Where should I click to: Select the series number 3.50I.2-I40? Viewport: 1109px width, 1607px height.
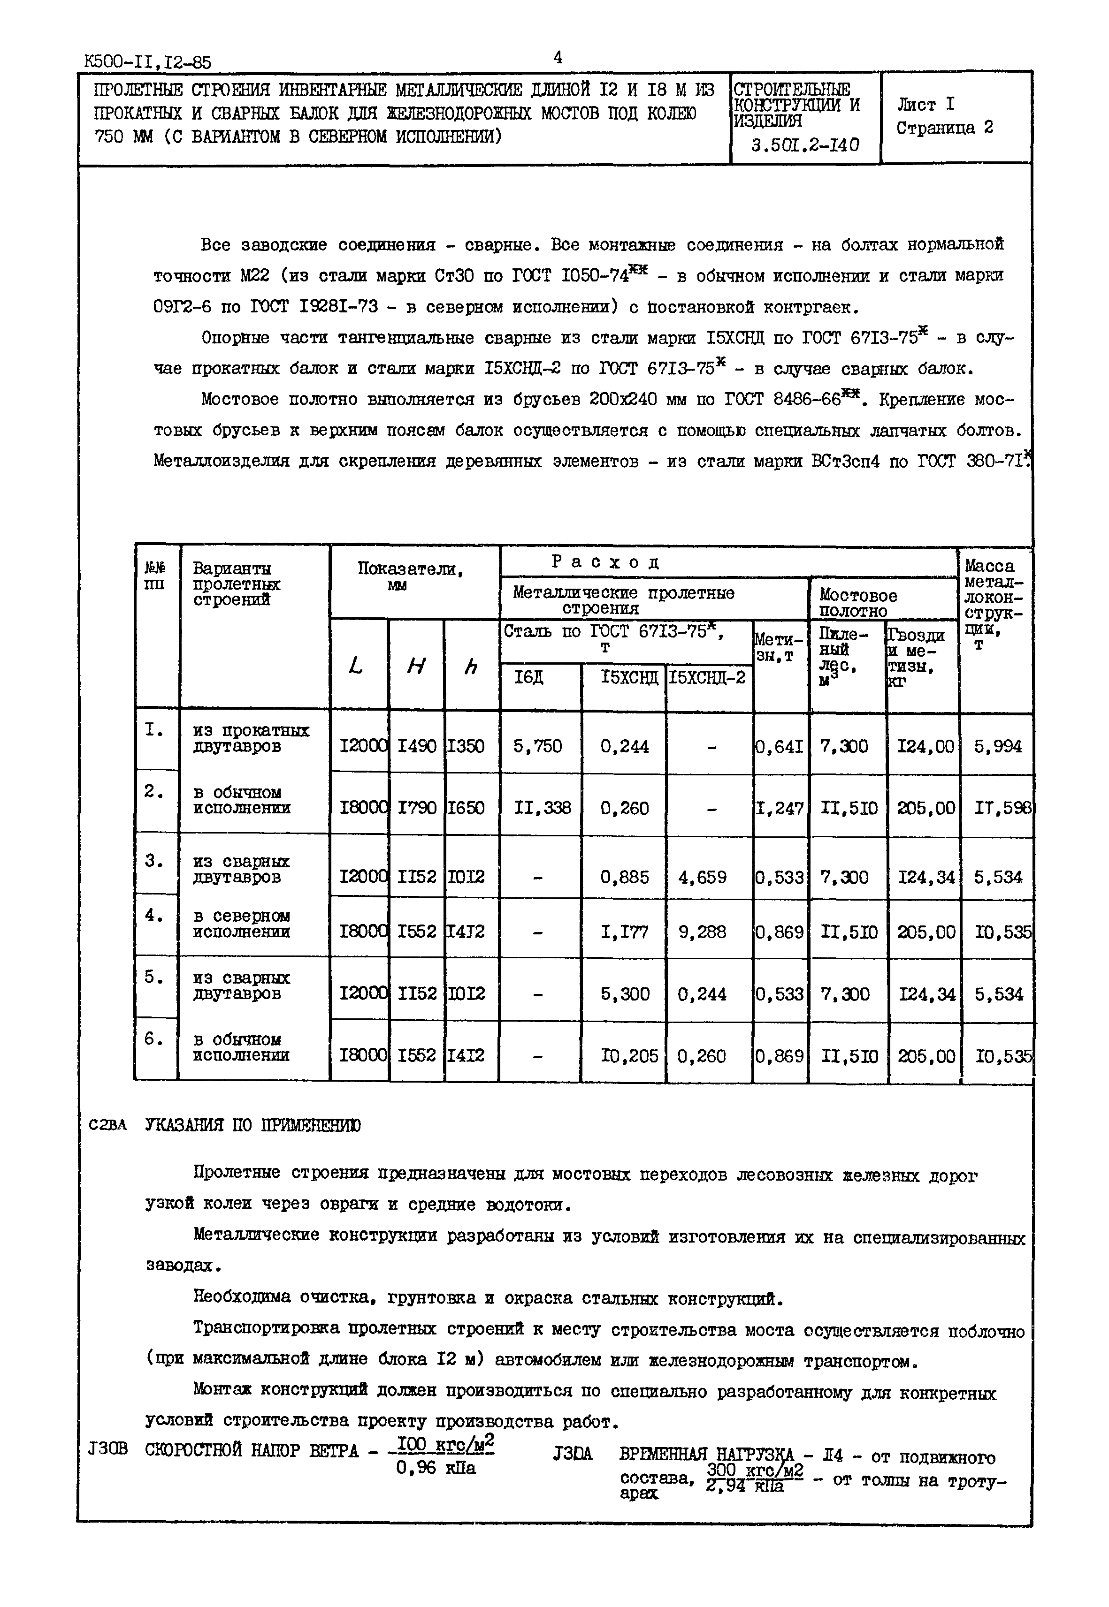pyautogui.click(x=805, y=145)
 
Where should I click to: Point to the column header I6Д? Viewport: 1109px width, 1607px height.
pyautogui.click(x=529, y=677)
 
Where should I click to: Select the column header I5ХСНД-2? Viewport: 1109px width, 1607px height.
pyautogui.click(x=707, y=677)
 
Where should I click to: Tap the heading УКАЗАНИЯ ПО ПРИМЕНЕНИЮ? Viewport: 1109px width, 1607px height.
pyautogui.click(x=252, y=1125)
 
